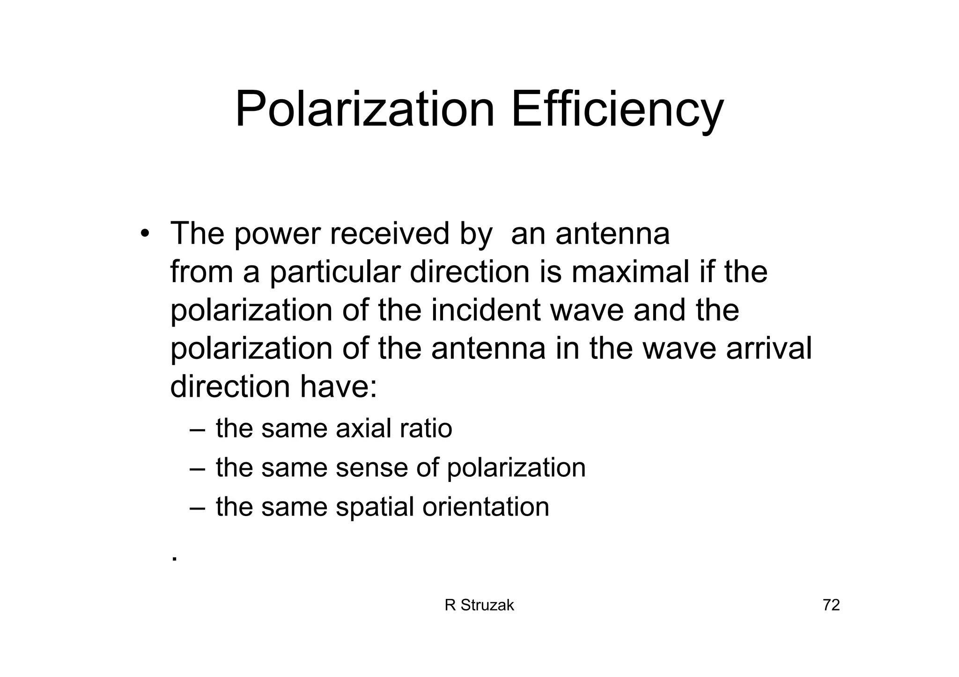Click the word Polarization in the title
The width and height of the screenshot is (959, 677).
[364, 109]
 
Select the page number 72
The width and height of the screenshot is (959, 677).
[831, 605]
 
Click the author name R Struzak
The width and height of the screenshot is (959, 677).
[479, 605]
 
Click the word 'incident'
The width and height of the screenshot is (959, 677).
[486, 310]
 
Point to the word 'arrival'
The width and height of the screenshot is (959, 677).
[768, 349]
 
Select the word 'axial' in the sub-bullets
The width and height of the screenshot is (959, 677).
[363, 429]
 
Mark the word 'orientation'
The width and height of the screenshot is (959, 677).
[486, 507]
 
